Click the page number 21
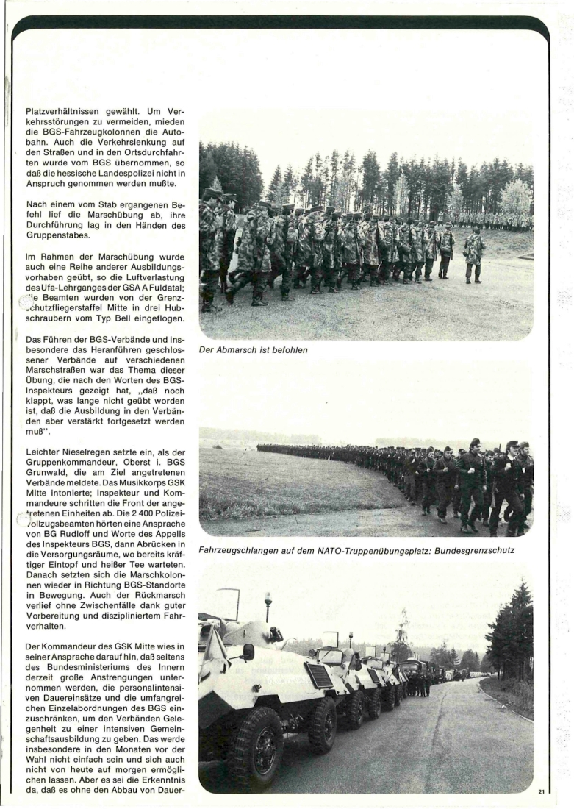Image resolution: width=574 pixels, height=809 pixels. pos(542,791)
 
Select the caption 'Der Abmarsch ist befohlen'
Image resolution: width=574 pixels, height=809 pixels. pos(254,350)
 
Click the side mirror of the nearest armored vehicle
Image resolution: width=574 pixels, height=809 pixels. pos(248,651)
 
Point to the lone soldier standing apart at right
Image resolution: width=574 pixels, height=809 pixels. pos(473,253)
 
